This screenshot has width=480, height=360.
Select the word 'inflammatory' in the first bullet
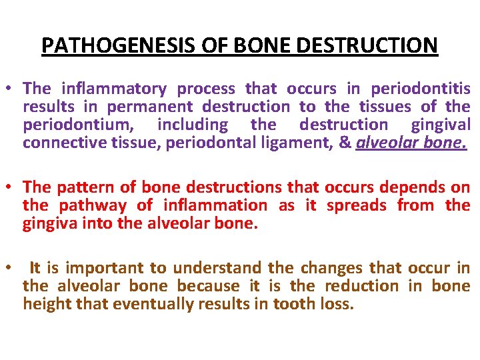118,89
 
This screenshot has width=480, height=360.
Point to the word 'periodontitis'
420,89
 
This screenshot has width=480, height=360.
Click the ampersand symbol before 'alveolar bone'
345,143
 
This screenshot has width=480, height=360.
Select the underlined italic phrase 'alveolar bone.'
411,143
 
